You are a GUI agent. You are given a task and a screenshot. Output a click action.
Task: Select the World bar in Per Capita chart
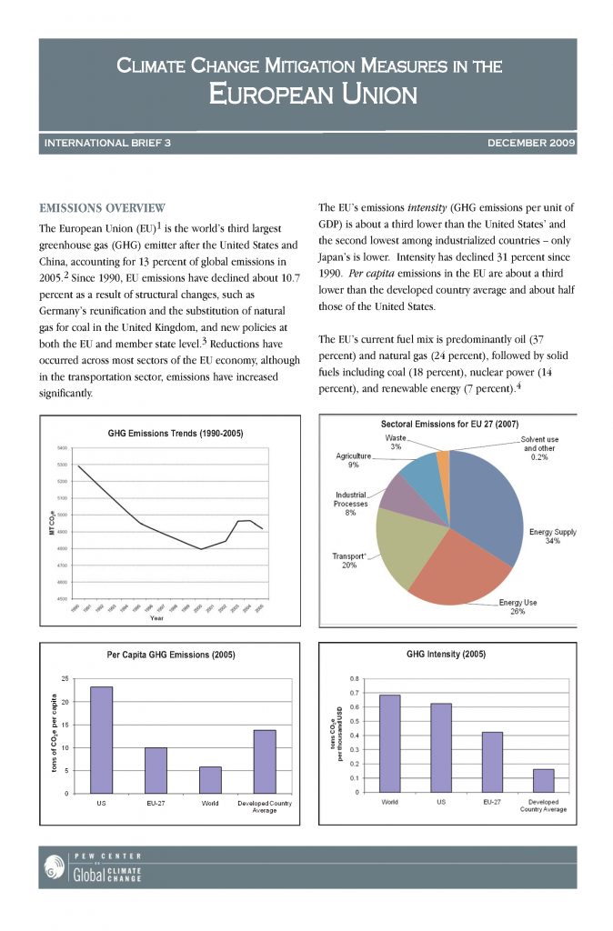coord(210,779)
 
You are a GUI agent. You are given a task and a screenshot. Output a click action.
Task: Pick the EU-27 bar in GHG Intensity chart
coord(492,761)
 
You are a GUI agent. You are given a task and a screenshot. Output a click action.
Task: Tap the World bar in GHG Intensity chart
coord(389,743)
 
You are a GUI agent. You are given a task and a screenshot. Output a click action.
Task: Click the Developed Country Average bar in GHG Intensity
coord(543,780)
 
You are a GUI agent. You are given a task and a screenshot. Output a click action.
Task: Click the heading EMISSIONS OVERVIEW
coord(101,207)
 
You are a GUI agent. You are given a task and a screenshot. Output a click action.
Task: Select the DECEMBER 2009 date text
coord(531,144)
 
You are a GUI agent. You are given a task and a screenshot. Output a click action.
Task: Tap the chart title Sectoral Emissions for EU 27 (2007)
coord(450,424)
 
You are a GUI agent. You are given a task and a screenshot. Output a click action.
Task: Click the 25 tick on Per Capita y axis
coord(65,679)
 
